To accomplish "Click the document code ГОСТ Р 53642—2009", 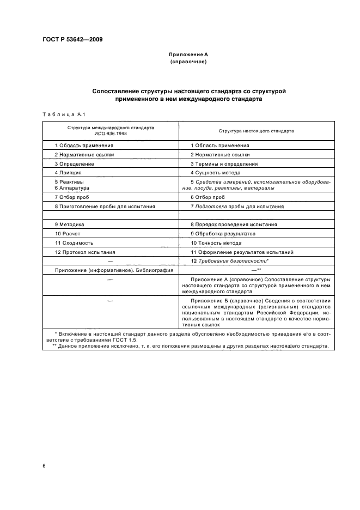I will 72,40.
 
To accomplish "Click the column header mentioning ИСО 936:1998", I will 111,130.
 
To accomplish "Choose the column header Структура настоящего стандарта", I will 257,131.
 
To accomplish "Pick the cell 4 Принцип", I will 69,172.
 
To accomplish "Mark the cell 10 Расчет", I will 68,233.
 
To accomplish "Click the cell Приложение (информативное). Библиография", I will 114,270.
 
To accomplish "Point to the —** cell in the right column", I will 256,270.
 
